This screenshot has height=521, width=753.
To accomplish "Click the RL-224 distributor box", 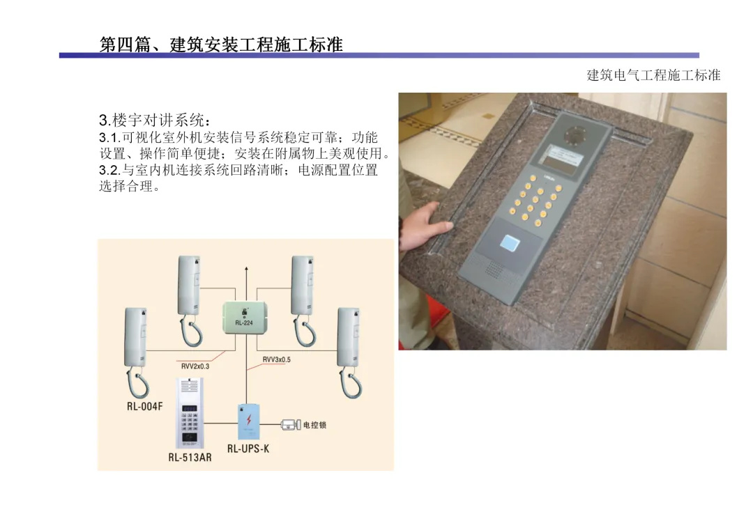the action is (x=245, y=318).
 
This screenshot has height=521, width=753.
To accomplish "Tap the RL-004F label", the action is (x=144, y=406).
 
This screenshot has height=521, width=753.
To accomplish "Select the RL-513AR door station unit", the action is (x=190, y=414).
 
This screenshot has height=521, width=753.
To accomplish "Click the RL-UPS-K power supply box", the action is (x=249, y=421).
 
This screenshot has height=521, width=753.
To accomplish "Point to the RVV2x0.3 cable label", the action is (x=195, y=366).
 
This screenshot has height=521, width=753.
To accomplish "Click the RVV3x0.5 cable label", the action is (x=277, y=359).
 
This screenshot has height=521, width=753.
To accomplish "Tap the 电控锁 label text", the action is (x=314, y=425).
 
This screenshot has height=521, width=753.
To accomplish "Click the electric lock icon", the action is (x=291, y=425).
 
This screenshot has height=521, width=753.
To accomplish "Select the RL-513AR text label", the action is (x=190, y=458).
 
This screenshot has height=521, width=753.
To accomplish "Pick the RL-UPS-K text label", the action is (x=248, y=449).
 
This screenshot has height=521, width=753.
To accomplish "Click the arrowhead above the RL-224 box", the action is (x=246, y=270).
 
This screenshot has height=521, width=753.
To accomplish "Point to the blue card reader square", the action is (x=510, y=242).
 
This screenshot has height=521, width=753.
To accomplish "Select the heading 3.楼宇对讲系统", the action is (x=155, y=120).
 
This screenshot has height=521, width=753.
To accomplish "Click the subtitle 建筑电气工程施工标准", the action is (x=653, y=75).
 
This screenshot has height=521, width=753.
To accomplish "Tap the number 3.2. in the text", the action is (x=110, y=170).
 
